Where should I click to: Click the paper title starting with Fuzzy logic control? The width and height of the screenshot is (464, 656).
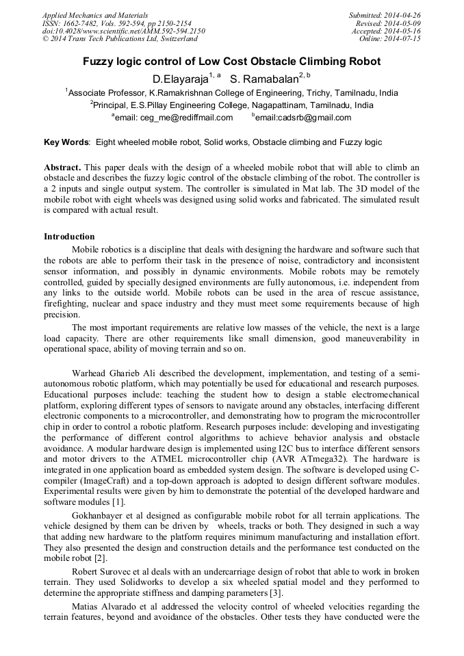click(x=231, y=62)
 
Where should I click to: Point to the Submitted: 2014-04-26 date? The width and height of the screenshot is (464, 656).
click(x=386, y=14)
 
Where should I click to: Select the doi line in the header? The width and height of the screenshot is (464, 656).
click(x=123, y=31)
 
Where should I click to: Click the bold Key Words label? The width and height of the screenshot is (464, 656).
click(x=66, y=142)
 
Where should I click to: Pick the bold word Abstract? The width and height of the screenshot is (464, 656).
click(x=62, y=168)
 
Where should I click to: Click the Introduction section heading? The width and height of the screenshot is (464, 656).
click(x=69, y=237)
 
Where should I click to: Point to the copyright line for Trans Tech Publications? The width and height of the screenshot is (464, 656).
click(x=120, y=39)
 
